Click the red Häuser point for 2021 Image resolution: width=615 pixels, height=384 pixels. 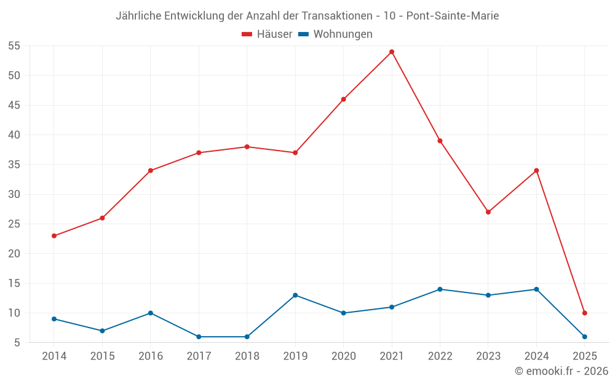[392, 52]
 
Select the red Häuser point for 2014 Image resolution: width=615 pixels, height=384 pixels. [54, 236]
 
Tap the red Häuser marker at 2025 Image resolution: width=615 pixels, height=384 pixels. [584, 313]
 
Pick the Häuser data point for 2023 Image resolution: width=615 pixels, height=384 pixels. [488, 212]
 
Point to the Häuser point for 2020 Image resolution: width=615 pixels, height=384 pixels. [343, 100]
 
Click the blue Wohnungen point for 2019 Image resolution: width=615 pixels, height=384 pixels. [295, 296]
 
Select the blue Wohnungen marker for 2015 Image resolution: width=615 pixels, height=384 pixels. [102, 331]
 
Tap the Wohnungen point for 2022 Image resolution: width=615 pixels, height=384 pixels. [440, 289]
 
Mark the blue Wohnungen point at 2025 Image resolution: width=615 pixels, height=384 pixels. [584, 337]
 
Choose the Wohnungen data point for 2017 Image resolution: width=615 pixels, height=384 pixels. [199, 337]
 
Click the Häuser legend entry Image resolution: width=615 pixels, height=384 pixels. [267, 34]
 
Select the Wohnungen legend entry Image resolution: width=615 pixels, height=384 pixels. [335, 34]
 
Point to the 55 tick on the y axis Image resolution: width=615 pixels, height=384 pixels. [14, 46]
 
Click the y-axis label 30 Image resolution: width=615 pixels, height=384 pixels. [14, 194]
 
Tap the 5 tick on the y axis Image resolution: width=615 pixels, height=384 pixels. [17, 343]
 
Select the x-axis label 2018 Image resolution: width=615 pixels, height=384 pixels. [247, 356]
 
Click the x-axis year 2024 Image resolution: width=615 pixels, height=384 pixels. [536, 356]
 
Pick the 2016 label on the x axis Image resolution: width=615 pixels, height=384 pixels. [151, 356]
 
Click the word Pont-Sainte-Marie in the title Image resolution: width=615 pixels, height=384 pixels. [453, 15]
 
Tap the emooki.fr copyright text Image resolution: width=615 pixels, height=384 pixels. [561, 371]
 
